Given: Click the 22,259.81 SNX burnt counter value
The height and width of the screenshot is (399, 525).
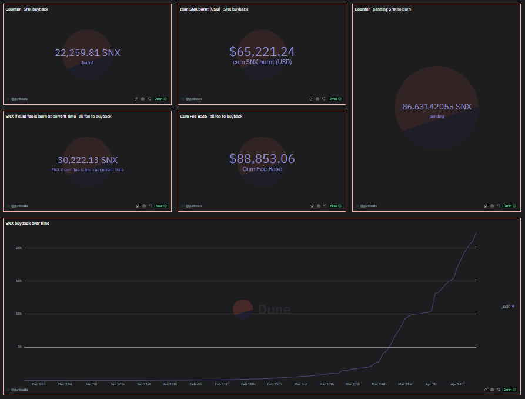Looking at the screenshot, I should tap(88, 53).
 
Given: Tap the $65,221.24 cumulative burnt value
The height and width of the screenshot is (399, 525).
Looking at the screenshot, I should tap(262, 52).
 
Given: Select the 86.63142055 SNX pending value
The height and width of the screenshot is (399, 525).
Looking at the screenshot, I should tap(437, 107).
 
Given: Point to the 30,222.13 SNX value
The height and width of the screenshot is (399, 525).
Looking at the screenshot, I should tap(88, 160).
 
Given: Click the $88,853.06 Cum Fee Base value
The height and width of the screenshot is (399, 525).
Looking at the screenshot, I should tap(262, 159).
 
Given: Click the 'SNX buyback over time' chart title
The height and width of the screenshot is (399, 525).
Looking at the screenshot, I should tap(28, 224).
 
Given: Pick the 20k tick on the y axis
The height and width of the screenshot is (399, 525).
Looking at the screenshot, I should tap(19, 248).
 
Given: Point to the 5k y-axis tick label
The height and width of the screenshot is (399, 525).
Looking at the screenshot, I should tap(19, 347).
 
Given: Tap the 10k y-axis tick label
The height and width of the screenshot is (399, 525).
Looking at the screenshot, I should tap(19, 314).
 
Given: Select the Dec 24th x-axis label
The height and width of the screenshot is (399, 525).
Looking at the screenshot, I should tap(39, 384).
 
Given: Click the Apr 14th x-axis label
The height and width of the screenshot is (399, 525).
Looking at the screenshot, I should tap(457, 384).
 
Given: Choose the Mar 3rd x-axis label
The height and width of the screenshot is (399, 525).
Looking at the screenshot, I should tap(300, 384).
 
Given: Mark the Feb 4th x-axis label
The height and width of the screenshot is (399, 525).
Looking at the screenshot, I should tap(196, 384).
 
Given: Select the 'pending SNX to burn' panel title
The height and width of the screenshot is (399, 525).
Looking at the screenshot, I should tap(392, 9).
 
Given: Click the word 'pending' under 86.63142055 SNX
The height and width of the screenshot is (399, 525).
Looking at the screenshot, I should tap(437, 117).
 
